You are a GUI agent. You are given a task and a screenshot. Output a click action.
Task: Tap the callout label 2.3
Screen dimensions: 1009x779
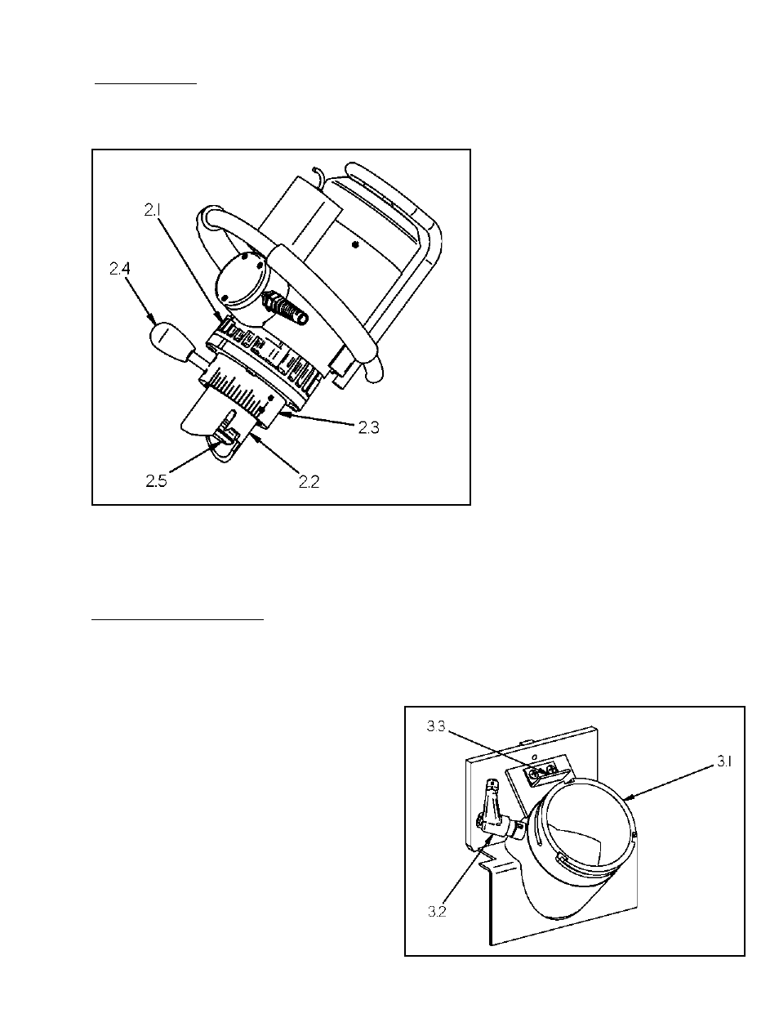point(368,427)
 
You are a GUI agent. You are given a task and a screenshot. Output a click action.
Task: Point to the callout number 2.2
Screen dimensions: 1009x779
point(308,482)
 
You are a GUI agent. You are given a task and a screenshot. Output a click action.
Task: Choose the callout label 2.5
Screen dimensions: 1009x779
point(158,482)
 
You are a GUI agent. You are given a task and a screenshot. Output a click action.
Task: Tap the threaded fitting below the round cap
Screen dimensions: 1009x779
point(287,310)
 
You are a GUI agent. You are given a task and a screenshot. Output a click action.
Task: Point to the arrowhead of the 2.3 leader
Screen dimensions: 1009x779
point(279,415)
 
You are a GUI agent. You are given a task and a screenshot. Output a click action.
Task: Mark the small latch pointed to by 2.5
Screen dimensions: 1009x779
point(225,431)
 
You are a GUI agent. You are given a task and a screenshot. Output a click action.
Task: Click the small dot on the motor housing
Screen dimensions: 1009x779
point(354,243)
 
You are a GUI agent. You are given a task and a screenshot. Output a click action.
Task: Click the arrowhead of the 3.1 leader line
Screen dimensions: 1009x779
point(623,794)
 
